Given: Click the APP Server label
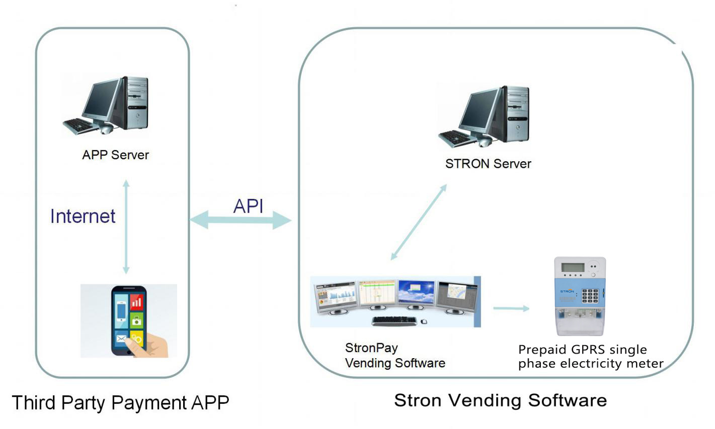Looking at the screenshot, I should click(x=115, y=155).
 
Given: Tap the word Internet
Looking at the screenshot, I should click(x=83, y=216).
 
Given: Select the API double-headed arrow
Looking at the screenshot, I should click(x=241, y=220).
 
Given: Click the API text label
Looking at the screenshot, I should click(x=248, y=205).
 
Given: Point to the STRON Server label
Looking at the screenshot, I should click(x=488, y=164).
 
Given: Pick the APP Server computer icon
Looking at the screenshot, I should click(x=106, y=105).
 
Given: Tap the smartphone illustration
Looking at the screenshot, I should click(x=129, y=320).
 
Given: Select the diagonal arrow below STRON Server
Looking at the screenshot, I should click(x=419, y=222).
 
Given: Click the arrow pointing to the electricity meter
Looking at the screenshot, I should click(x=511, y=308).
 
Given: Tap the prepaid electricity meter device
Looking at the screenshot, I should click(x=580, y=296).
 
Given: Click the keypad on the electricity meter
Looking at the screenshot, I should click(x=590, y=295).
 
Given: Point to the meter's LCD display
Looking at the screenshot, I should click(x=573, y=267).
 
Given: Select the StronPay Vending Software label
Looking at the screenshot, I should click(x=394, y=355).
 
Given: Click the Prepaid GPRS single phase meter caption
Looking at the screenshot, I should click(x=590, y=356).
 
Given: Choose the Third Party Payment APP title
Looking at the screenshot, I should click(x=120, y=403).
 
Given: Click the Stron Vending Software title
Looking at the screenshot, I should click(x=500, y=400).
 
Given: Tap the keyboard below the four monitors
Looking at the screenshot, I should click(x=394, y=320).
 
